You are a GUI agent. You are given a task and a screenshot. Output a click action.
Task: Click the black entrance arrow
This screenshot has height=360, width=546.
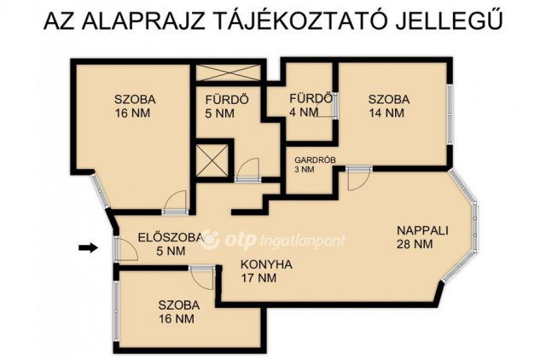87,247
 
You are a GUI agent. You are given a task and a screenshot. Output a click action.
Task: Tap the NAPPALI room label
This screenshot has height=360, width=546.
421,229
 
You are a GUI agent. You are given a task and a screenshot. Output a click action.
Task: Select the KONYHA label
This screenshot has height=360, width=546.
265,264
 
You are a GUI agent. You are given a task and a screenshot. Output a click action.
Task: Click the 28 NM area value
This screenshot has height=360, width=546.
415,244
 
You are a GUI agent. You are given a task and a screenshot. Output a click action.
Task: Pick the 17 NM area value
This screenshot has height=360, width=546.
258,278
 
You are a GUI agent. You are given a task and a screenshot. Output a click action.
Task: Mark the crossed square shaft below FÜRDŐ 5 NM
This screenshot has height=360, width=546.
212,160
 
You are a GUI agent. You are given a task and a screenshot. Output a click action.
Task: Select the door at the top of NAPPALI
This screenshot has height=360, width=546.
358,178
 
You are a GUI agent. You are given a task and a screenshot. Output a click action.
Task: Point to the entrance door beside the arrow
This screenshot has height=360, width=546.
124,248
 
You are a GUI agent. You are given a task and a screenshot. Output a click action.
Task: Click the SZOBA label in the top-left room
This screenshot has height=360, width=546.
131,98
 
